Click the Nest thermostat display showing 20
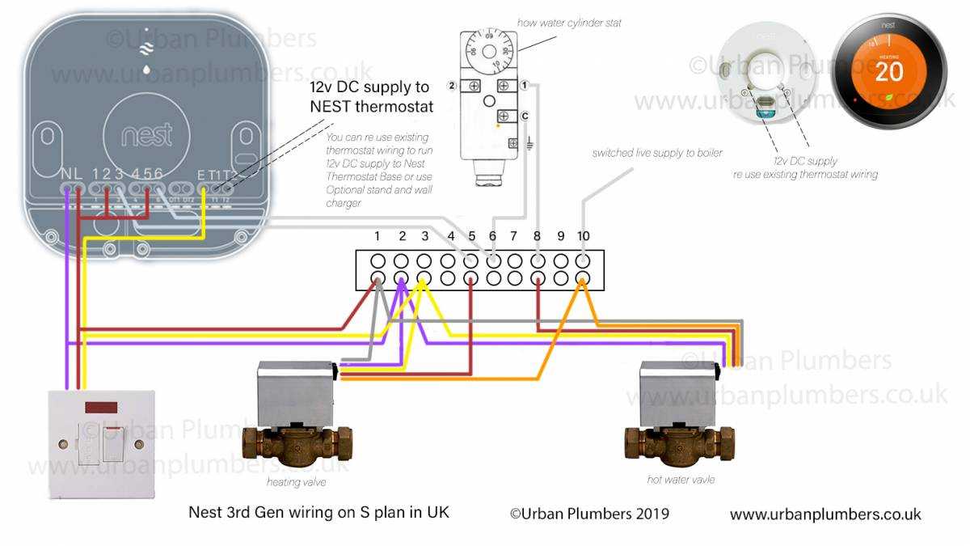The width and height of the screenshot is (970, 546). click(x=888, y=71)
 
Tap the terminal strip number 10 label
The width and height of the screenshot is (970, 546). click(x=584, y=236)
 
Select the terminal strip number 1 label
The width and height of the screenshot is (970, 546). click(x=377, y=236)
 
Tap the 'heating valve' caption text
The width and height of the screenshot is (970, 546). click(x=296, y=482)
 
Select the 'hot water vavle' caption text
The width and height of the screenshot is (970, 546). click(x=681, y=480)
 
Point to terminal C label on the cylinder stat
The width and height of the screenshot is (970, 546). click(x=525, y=116)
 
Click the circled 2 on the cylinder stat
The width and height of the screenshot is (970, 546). click(x=451, y=86)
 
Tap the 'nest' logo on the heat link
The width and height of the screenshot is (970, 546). click(x=147, y=135)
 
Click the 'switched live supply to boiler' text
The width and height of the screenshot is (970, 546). click(x=657, y=152)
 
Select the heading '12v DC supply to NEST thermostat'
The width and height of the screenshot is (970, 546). click(x=371, y=97)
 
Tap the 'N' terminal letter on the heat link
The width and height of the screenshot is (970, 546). click(x=66, y=174)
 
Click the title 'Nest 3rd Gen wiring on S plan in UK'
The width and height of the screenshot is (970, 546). click(x=318, y=512)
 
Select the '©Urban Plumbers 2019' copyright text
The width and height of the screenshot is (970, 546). click(x=589, y=514)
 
